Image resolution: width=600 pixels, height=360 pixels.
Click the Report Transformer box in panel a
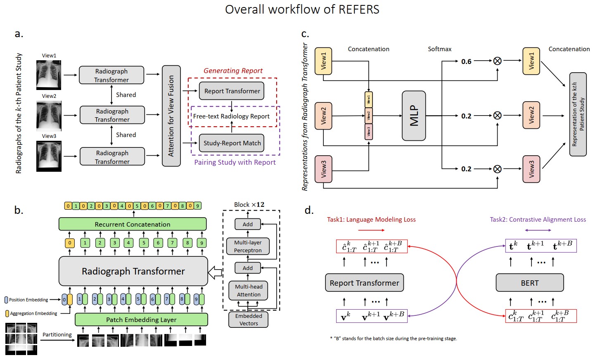click(232, 91)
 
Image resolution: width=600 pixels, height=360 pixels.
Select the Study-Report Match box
click(232, 143)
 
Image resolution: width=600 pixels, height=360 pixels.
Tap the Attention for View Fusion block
click(171, 116)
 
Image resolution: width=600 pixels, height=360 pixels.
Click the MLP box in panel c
click(414, 116)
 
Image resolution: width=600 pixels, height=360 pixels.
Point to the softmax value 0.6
click(466, 62)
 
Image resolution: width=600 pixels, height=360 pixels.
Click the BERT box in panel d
click(529, 283)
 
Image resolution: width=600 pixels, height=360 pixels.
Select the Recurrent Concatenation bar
click(133, 224)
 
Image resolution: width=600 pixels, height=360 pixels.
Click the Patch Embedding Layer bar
click(141, 320)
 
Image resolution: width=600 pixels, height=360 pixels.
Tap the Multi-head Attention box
click(249, 291)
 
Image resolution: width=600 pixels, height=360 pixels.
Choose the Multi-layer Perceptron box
click(248, 246)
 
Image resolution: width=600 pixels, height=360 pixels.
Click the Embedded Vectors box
click(249, 320)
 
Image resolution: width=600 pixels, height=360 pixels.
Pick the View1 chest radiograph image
click(49, 75)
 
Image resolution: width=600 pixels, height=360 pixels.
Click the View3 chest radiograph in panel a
click(49, 156)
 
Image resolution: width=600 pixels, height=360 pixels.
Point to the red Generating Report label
click(233, 71)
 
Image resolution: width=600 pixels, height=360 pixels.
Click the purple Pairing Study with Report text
click(235, 162)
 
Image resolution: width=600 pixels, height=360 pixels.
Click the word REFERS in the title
click(358, 9)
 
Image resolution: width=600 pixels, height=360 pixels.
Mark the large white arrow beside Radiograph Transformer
click(215, 272)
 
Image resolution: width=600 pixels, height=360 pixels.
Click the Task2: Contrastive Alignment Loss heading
click(538, 220)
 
